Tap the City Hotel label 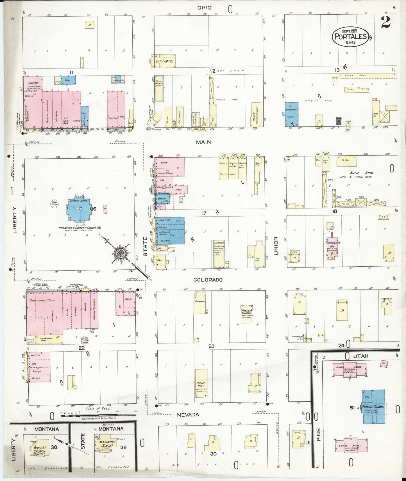click(164, 61)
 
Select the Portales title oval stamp click(350, 36)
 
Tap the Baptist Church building click(40, 450)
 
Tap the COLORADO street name click(208, 280)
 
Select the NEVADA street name click(188, 414)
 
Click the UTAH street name click(360, 356)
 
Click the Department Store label click(42, 300)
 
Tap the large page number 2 click(386, 22)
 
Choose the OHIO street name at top click(204, 8)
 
